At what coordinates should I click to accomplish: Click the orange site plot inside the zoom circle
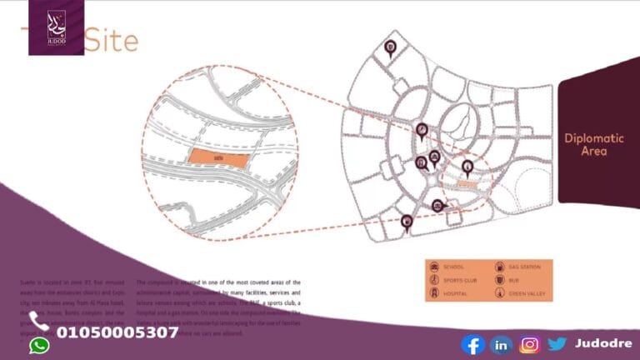click(x=218, y=157)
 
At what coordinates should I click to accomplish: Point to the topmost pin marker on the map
click(x=391, y=47)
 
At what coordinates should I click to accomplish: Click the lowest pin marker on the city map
click(x=407, y=221)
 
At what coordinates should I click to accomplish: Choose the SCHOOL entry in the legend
click(x=453, y=267)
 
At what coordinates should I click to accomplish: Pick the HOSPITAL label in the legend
click(x=456, y=294)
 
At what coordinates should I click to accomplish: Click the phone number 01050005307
click(x=117, y=332)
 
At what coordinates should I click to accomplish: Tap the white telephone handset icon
click(x=38, y=321)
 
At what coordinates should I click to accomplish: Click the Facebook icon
click(x=472, y=344)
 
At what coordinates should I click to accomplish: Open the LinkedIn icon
click(x=501, y=344)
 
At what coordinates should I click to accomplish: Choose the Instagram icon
click(x=529, y=344)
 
